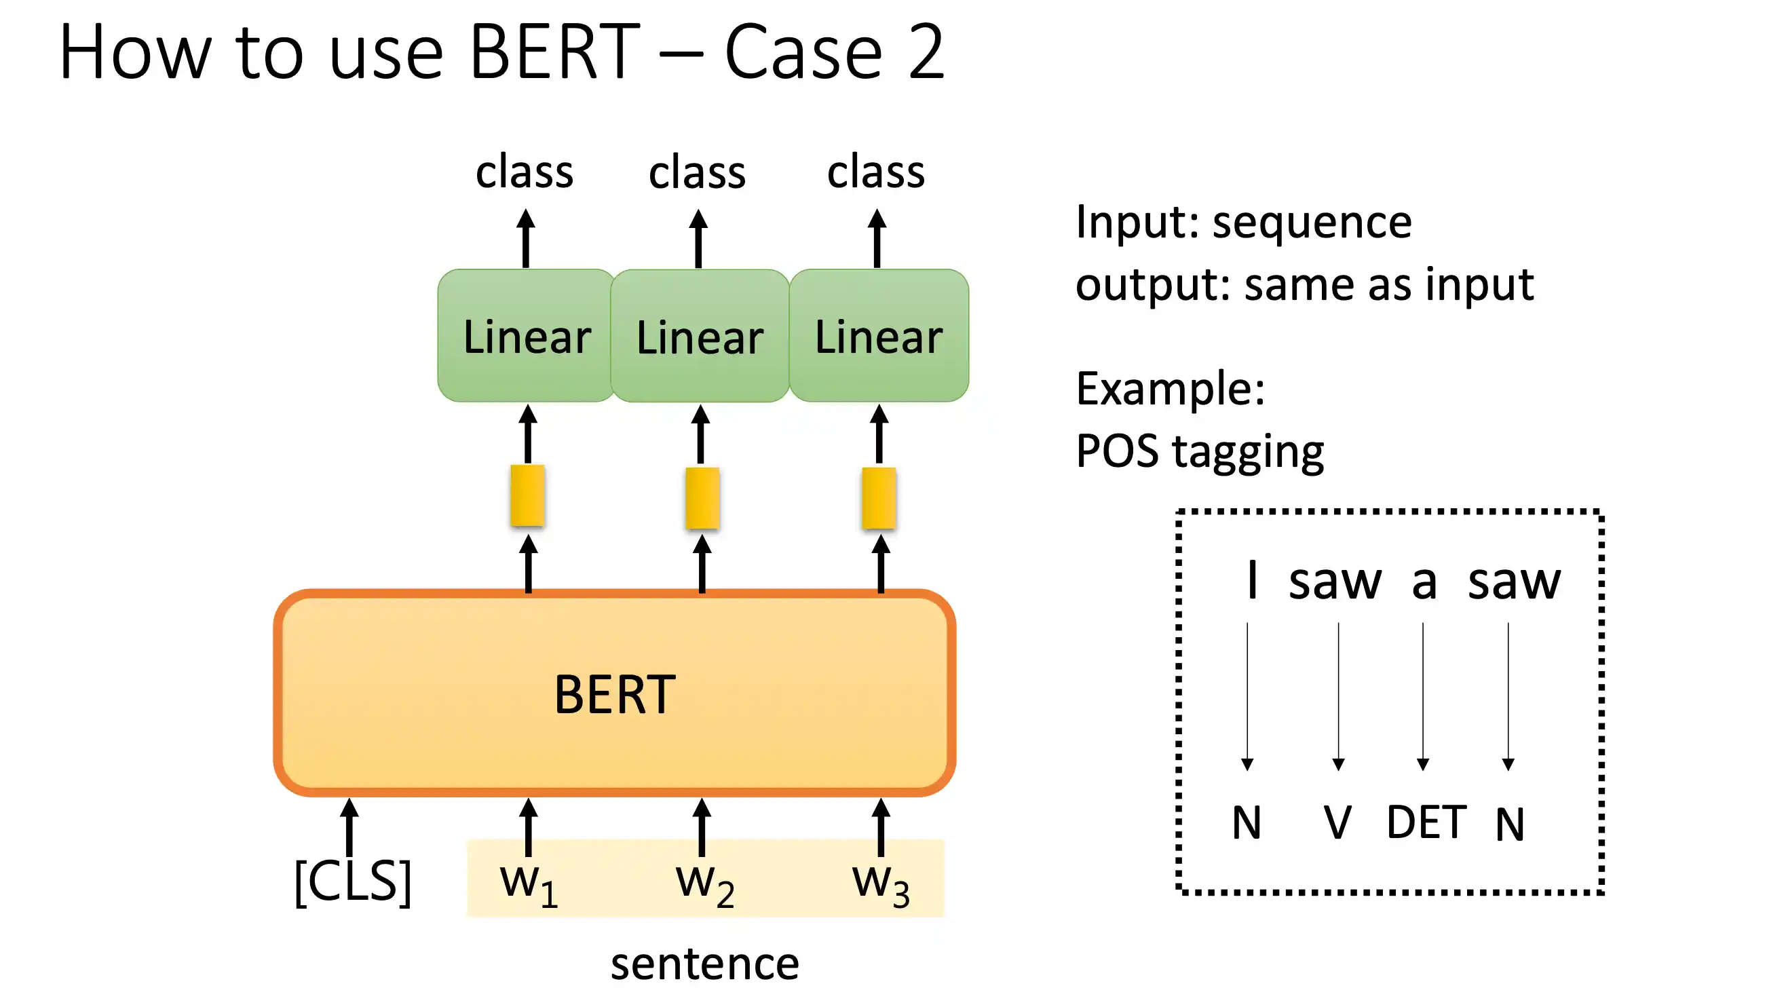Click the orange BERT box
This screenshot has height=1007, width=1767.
point(614,692)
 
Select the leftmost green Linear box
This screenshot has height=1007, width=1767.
point(526,335)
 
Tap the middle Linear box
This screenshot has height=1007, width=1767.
point(700,335)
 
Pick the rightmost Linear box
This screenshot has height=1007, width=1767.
point(878,335)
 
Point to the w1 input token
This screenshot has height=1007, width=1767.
point(529,886)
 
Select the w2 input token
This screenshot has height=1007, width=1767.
point(705,886)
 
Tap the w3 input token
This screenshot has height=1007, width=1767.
point(880,886)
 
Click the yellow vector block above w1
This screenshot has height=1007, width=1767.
point(528,495)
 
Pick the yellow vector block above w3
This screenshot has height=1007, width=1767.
point(879,498)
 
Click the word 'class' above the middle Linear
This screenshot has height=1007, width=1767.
point(697,172)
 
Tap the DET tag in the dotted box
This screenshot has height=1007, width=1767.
point(1426,822)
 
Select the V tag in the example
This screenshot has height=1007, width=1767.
point(1337,822)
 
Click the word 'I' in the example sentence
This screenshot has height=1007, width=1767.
point(1252,579)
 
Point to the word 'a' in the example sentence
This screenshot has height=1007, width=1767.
point(1424,582)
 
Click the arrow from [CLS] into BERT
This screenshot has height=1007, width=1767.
point(349,828)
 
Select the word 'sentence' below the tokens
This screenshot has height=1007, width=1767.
point(705,963)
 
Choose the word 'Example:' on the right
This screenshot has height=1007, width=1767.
point(1170,389)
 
